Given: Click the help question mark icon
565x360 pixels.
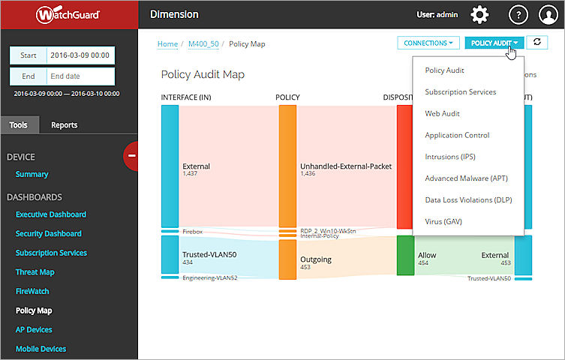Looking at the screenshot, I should click(x=518, y=14).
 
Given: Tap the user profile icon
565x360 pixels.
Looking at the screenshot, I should click(x=548, y=14).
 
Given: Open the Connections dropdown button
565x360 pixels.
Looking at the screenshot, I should click(x=428, y=43).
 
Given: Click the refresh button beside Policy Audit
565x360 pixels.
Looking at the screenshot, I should click(x=537, y=43).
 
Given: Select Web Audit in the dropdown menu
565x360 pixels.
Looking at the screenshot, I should click(x=442, y=113).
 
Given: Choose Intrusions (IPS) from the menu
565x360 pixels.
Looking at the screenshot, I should click(x=449, y=157).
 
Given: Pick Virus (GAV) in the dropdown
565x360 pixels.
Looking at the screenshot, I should click(x=443, y=222).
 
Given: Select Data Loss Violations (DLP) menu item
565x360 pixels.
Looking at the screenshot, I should click(x=469, y=200).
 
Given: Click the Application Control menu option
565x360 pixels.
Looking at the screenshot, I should click(x=457, y=135).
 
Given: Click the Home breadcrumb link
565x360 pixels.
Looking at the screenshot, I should click(x=167, y=44).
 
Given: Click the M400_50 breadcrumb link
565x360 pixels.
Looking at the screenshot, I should click(x=203, y=44).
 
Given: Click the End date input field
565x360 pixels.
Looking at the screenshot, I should click(x=79, y=76).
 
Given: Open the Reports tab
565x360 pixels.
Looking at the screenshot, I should click(x=64, y=125).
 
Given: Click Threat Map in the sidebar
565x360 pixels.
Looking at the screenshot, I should click(x=35, y=272).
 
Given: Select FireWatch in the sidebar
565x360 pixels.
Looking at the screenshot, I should click(x=32, y=291).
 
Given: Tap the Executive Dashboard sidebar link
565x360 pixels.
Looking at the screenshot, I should click(x=51, y=214).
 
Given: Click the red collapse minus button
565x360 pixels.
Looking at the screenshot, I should click(x=131, y=155).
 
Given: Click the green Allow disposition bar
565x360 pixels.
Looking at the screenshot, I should click(x=405, y=255).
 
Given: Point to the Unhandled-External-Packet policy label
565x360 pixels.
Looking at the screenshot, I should click(x=346, y=166).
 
